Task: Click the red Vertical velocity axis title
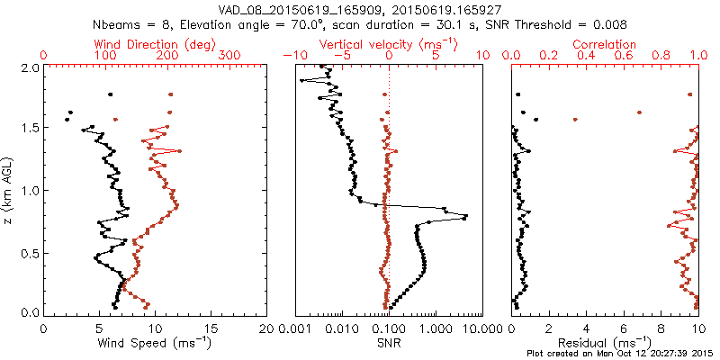pyautogui.click(x=388, y=44)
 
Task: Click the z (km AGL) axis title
pyautogui.click(x=8, y=189)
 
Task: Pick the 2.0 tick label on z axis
pyautogui.click(x=29, y=67)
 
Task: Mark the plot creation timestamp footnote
pyautogui.click(x=621, y=354)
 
